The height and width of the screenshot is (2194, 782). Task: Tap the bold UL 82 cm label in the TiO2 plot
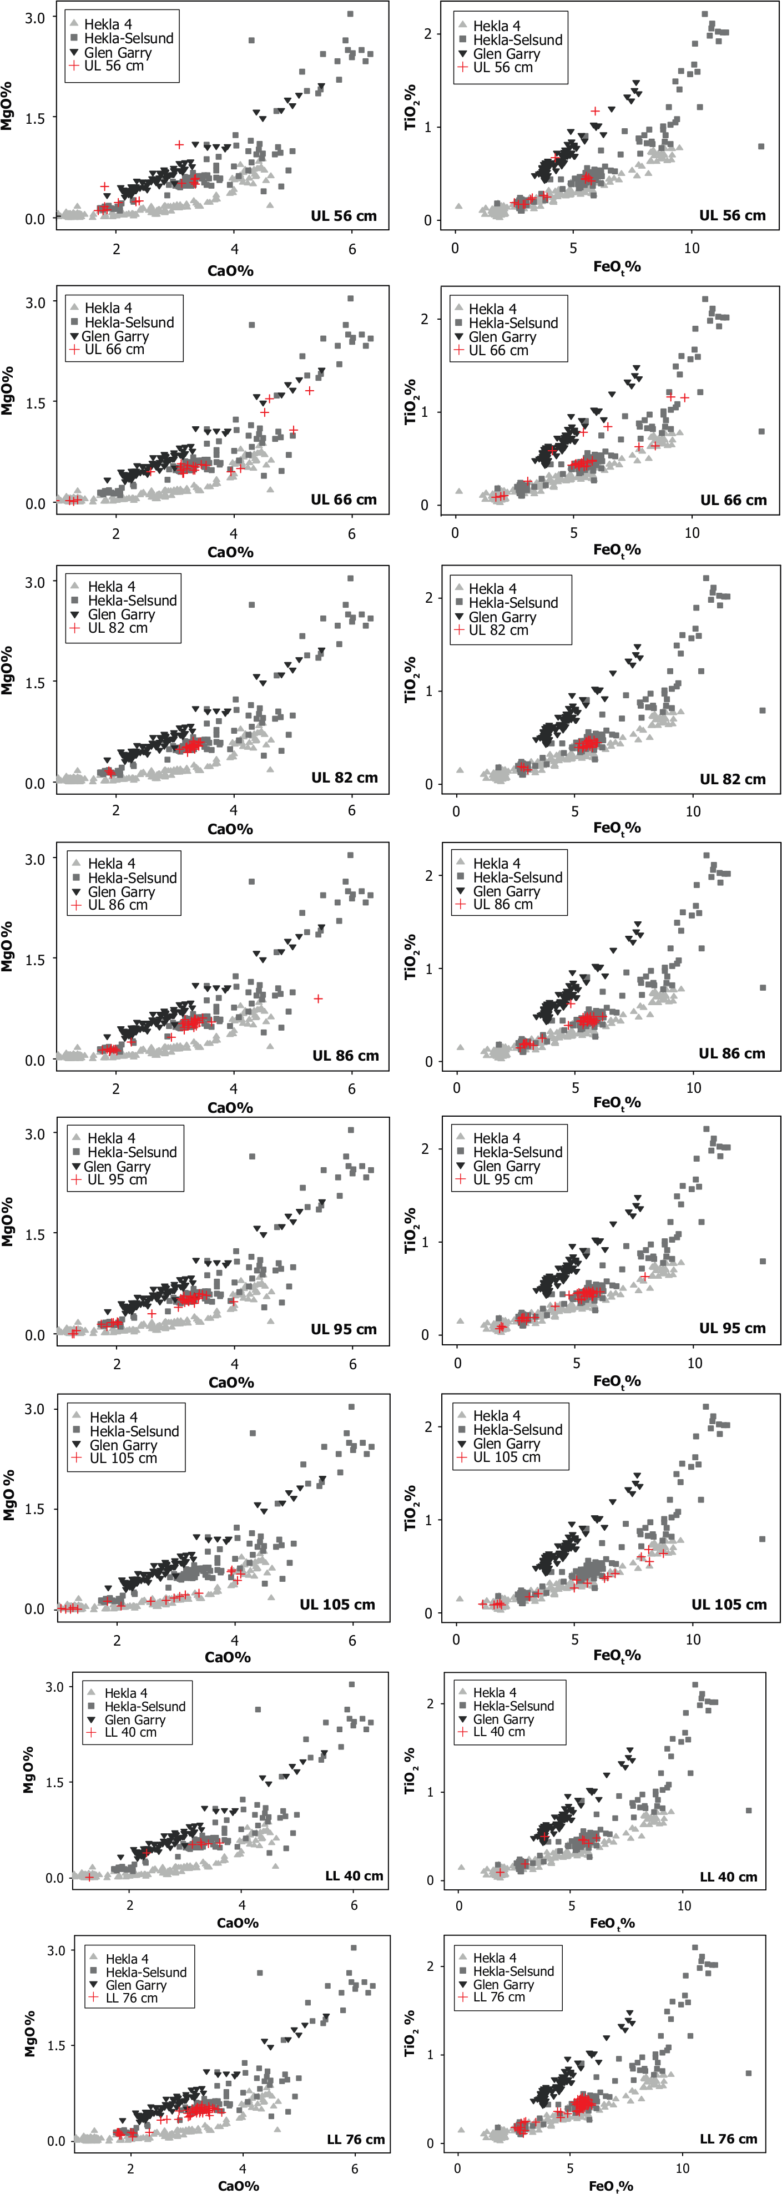733,779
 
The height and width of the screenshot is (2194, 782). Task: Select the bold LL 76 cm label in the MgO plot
356,2140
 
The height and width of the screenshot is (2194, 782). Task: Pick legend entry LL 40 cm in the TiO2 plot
499,1732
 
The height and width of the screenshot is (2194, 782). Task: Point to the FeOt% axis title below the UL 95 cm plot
617,1381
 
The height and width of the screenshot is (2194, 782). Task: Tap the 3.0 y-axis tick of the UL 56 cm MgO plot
35,18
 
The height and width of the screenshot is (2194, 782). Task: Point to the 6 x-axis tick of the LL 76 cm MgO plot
355,2168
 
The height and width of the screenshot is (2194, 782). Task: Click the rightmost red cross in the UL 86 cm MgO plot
318,998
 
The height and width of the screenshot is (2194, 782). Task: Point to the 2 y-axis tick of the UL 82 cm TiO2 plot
430,598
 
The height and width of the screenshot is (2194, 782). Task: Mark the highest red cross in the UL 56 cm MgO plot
179,145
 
